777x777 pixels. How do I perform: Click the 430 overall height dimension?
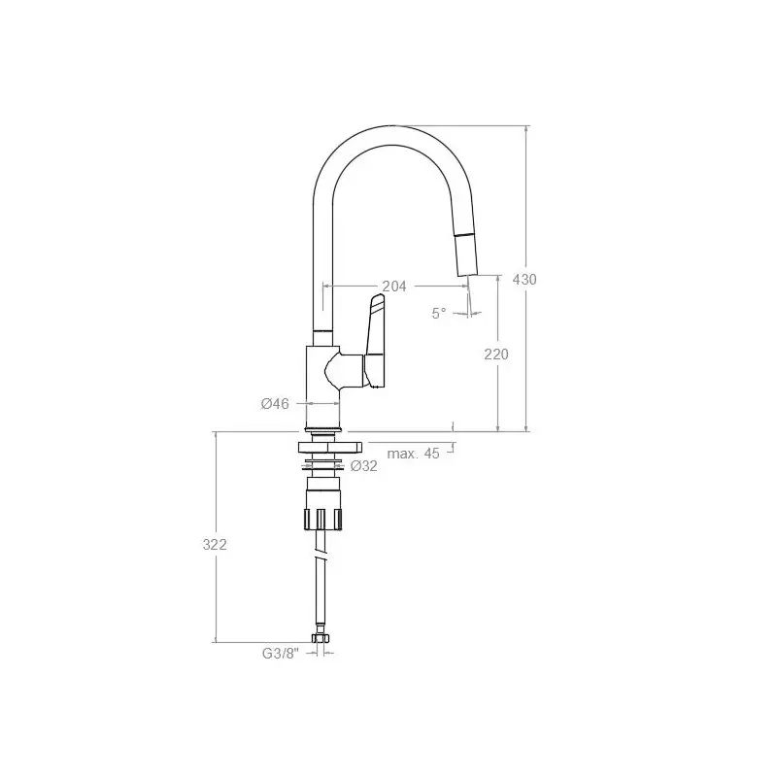coord(524,280)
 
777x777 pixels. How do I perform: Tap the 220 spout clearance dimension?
coord(496,355)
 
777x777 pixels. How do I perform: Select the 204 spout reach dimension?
coord(394,286)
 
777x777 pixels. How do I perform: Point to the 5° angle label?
coord(439,313)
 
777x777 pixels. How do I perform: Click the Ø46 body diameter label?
coord(275,404)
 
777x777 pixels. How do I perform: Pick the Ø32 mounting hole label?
coord(363,466)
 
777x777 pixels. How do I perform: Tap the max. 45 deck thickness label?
coord(414,454)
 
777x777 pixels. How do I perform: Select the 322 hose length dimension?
coord(215,545)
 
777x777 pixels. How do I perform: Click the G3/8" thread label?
coord(281,654)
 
